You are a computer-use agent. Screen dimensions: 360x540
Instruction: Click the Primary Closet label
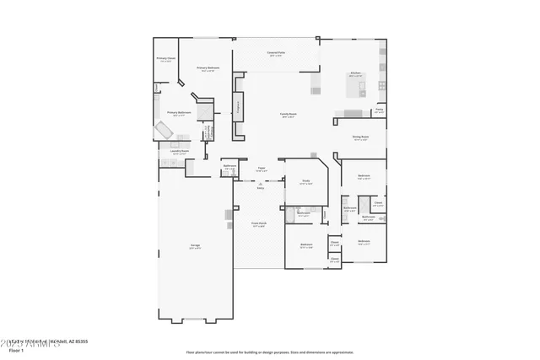pyautogui.click(x=165, y=60)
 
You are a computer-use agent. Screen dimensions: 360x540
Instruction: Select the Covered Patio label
pyautogui.click(x=276, y=54)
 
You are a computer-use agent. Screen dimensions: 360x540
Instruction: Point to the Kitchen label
pyautogui.click(x=355, y=74)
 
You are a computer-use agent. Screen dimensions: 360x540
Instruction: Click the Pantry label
pyautogui.click(x=380, y=110)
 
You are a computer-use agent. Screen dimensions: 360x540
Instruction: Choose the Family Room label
pyautogui.click(x=288, y=115)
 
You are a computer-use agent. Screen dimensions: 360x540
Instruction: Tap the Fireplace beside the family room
pyautogui.click(x=237, y=109)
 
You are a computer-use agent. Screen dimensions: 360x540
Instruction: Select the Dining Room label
pyautogui.click(x=360, y=138)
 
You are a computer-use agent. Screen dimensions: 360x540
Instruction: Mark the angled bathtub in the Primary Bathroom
pyautogui.click(x=162, y=131)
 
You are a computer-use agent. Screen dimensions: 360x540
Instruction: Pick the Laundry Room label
pyautogui.click(x=181, y=153)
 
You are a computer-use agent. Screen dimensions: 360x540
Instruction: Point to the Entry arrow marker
pyautogui.click(x=261, y=185)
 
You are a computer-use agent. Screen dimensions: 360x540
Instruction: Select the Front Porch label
pyautogui.click(x=259, y=225)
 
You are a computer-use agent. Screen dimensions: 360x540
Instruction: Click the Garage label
pyautogui.click(x=194, y=247)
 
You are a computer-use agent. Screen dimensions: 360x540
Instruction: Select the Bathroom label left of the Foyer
pyautogui.click(x=229, y=167)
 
